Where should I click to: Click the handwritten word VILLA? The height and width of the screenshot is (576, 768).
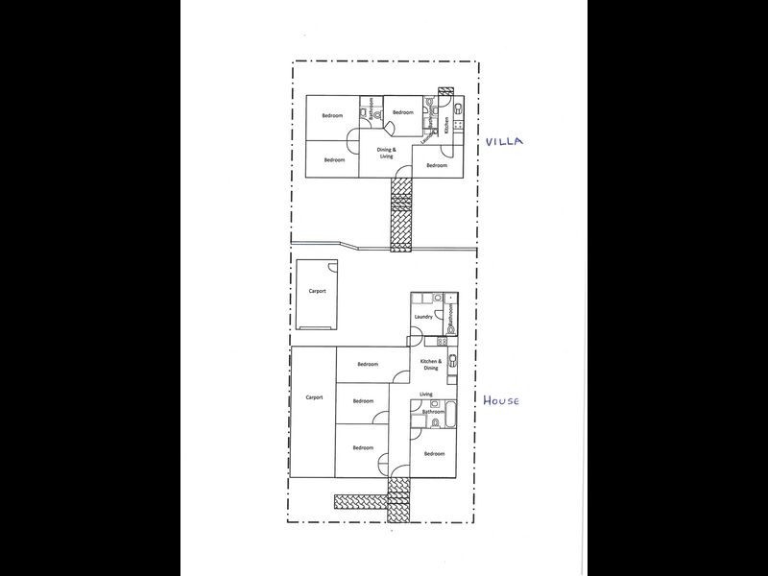click(x=503, y=140)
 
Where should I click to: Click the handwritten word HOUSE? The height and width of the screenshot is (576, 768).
click(x=501, y=400)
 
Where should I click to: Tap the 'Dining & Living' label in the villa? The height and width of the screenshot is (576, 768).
click(x=386, y=153)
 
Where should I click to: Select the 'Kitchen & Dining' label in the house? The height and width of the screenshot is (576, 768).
click(x=429, y=365)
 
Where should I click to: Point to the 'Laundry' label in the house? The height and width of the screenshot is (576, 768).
click(x=422, y=317)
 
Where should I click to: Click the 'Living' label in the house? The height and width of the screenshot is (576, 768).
click(x=426, y=394)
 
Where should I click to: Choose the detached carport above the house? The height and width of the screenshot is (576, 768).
click(x=318, y=292)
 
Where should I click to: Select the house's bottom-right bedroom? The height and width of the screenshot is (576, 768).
click(x=434, y=453)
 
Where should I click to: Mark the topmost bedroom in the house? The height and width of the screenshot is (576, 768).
click(x=368, y=364)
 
